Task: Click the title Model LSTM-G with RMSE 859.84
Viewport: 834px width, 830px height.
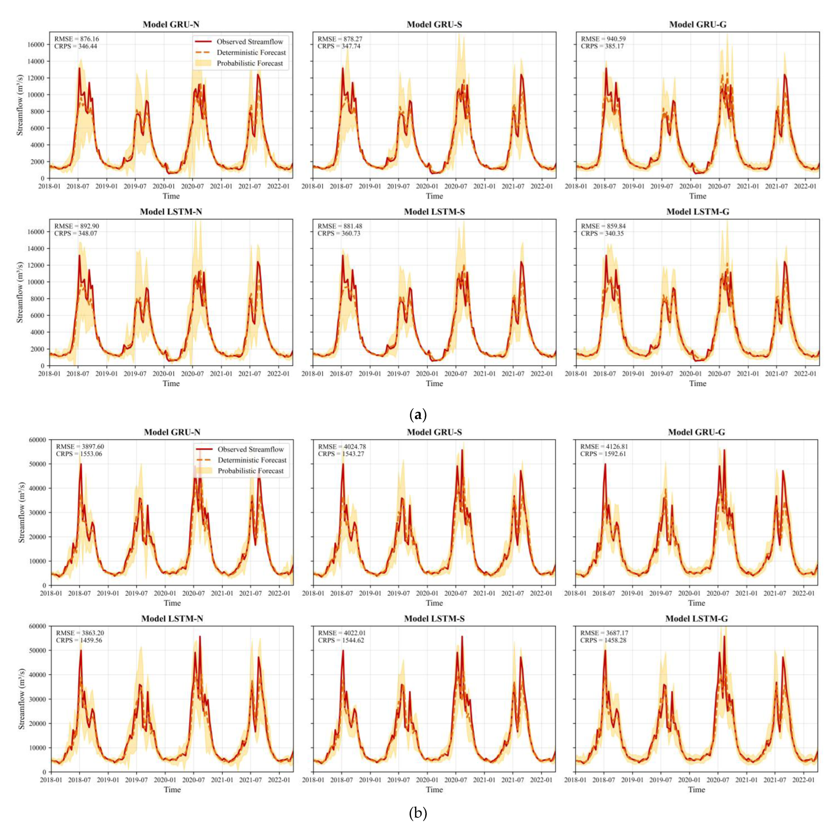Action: (x=697, y=212)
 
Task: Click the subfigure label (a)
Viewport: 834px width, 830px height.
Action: (x=417, y=415)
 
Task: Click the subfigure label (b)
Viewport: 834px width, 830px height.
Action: (x=417, y=813)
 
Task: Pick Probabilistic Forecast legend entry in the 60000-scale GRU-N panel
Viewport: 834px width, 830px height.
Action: (x=250, y=471)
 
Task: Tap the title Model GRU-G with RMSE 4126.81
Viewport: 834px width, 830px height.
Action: (x=696, y=432)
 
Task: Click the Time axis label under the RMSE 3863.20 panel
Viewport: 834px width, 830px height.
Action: (x=172, y=789)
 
